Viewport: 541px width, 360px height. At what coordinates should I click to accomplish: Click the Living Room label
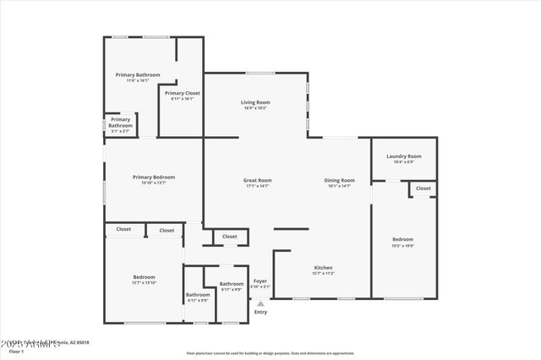click(255, 102)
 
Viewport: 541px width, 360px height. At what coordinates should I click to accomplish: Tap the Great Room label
click(257, 180)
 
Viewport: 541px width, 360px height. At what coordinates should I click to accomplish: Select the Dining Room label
click(339, 180)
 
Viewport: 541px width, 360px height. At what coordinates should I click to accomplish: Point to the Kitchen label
click(324, 268)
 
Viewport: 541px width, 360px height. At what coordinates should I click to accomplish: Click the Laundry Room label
click(403, 156)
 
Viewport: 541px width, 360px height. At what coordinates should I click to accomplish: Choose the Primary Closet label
click(182, 93)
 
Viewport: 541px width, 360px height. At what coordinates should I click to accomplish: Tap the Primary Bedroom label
click(153, 177)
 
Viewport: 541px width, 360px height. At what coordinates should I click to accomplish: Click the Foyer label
click(260, 281)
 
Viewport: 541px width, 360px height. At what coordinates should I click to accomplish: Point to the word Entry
click(260, 312)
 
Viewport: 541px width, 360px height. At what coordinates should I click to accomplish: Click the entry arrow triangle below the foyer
click(260, 302)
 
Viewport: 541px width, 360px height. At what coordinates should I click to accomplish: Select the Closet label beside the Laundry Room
click(423, 188)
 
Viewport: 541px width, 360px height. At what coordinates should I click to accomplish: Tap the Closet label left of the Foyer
click(229, 237)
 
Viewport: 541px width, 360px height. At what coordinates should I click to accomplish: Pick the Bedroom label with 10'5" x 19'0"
click(402, 239)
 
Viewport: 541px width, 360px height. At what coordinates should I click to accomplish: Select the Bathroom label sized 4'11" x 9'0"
click(198, 295)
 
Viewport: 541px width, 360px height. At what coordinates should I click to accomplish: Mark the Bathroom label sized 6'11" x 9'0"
click(231, 284)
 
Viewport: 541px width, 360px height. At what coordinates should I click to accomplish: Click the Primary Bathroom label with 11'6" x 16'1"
click(137, 74)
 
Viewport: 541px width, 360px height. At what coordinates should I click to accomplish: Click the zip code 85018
click(80, 342)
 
